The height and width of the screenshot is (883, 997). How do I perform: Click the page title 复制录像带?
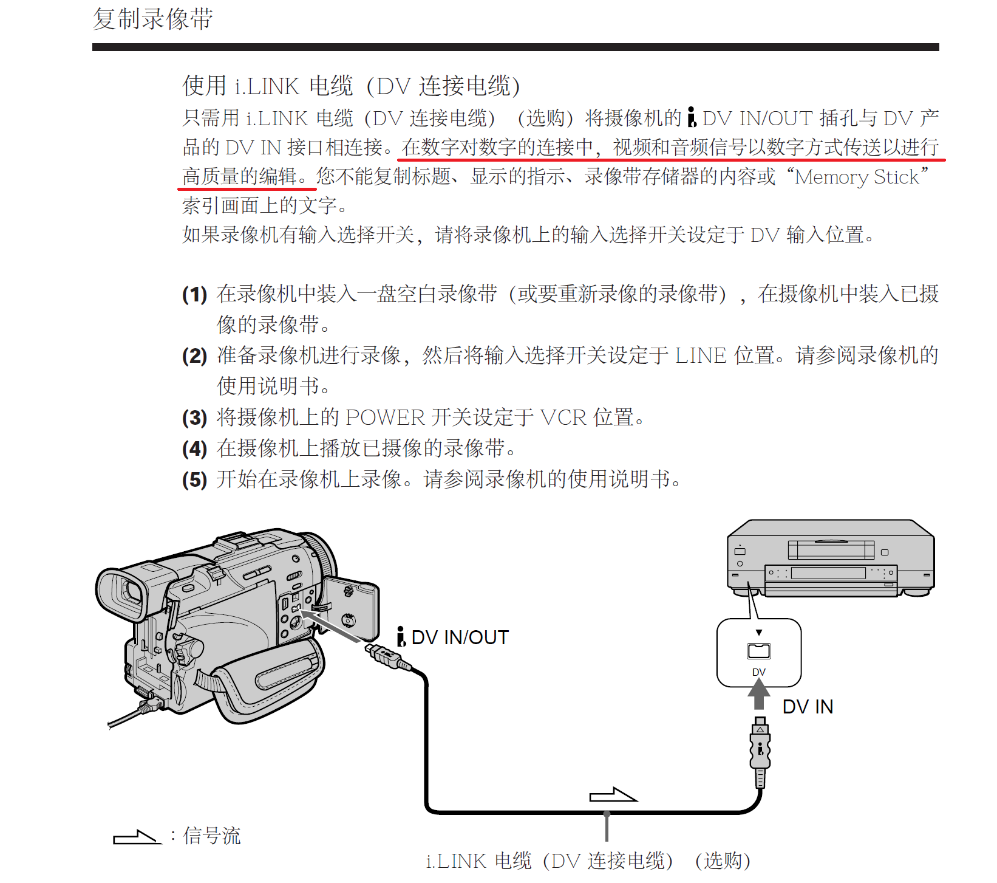(152, 19)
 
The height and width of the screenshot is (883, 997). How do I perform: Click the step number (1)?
(194, 295)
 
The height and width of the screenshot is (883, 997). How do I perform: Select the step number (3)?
(194, 418)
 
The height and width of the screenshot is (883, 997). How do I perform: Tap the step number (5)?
(194, 480)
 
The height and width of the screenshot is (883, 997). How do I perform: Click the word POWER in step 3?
(385, 417)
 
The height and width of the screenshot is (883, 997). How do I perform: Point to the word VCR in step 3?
(563, 417)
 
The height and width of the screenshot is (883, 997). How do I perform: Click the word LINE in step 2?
(700, 356)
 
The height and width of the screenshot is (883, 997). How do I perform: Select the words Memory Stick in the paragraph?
(857, 177)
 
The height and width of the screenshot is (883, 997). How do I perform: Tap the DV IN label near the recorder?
(808, 707)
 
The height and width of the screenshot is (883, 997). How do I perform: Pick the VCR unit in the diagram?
(831, 558)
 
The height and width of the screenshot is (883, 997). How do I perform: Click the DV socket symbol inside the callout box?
(758, 651)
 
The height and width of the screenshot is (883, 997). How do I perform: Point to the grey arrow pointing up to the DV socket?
(758, 694)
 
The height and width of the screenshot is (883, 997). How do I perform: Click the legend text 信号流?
(212, 836)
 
